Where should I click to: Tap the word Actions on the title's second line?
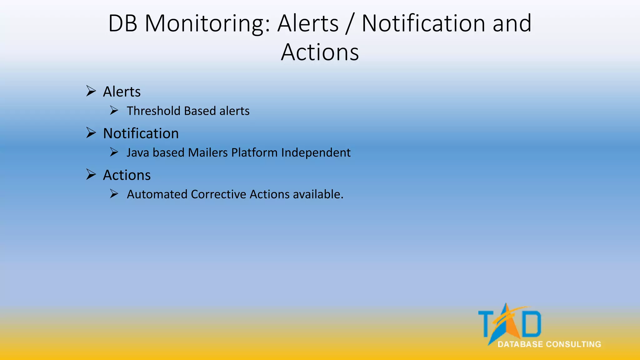(x=320, y=52)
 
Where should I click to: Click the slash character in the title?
(x=350, y=24)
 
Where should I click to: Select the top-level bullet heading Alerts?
(x=122, y=92)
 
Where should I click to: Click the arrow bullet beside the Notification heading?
(x=91, y=133)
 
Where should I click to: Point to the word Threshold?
(x=154, y=111)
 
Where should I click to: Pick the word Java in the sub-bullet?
(x=138, y=152)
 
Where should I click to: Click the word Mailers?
(x=208, y=152)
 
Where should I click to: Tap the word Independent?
(x=316, y=152)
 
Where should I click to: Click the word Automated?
(x=157, y=194)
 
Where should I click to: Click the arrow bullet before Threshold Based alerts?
(x=114, y=111)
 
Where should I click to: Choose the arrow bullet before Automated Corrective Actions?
(x=114, y=194)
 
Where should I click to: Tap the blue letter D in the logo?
(x=532, y=323)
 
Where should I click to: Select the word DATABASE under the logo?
(x=520, y=344)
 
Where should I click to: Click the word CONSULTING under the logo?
(x=573, y=344)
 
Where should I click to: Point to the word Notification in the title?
(x=423, y=24)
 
